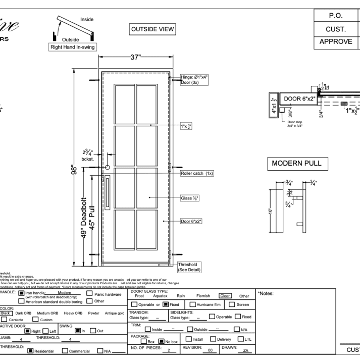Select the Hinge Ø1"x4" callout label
tap(194, 80)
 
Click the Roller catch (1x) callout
tap(197, 173)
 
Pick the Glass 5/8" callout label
tap(190, 198)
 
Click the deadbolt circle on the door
tap(107, 167)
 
